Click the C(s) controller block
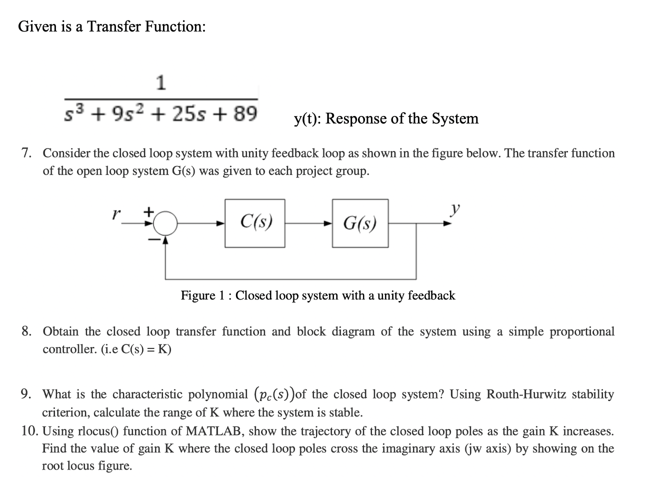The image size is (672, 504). click(255, 223)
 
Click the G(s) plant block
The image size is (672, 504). click(360, 223)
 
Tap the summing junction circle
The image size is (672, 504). click(165, 223)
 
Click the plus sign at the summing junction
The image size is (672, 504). click(148, 212)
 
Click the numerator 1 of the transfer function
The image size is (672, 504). click(160, 83)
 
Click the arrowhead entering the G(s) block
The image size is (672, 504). click(328, 223)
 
